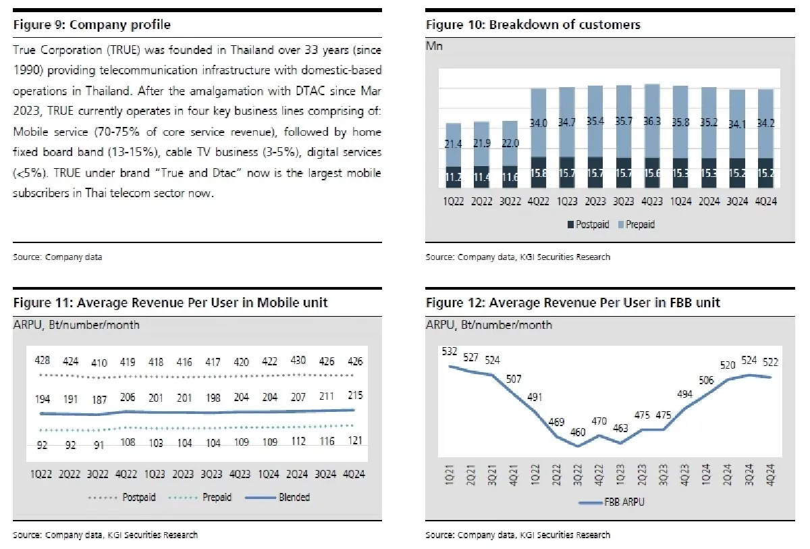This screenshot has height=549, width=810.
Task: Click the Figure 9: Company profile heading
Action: click(x=92, y=25)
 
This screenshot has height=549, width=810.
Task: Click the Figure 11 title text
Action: click(x=170, y=303)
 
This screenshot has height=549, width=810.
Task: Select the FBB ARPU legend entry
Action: click(x=609, y=502)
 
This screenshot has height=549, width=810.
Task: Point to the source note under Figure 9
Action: click(x=57, y=257)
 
